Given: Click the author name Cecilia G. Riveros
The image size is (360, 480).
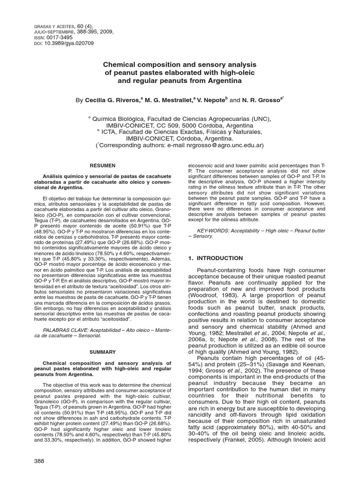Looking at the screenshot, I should (x=112, y=100).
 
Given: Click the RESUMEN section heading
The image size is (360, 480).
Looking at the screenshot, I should (x=103, y=165).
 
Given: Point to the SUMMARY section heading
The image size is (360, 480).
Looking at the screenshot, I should (x=103, y=338).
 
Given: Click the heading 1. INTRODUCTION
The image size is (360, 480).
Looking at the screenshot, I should (x=215, y=258).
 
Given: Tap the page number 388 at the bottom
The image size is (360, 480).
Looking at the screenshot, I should (x=39, y=461).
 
